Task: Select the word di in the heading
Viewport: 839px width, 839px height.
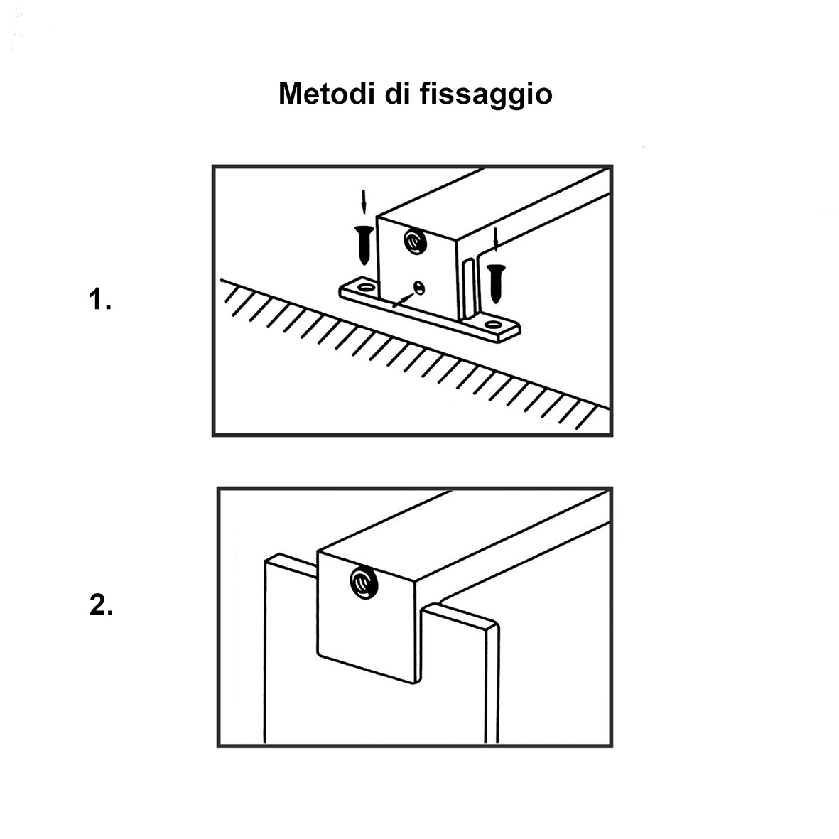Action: pos(398,94)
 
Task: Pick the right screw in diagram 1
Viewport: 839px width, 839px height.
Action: pos(495,281)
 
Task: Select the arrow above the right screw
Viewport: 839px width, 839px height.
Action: pos(497,240)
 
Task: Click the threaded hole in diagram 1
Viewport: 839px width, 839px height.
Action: pos(413,242)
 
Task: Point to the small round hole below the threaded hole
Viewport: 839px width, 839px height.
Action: pos(419,287)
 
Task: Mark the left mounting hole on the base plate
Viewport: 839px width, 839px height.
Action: pos(367,288)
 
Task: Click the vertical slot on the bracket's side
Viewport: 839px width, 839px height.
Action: pos(467,288)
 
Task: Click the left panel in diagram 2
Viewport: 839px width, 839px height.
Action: pos(290,661)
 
